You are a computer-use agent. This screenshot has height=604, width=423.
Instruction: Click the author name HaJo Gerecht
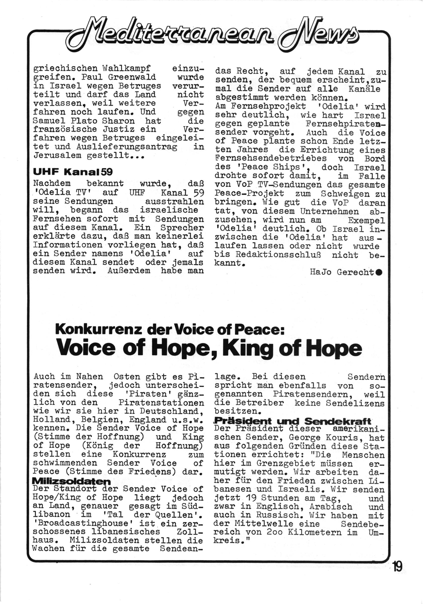tap(342, 272)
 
